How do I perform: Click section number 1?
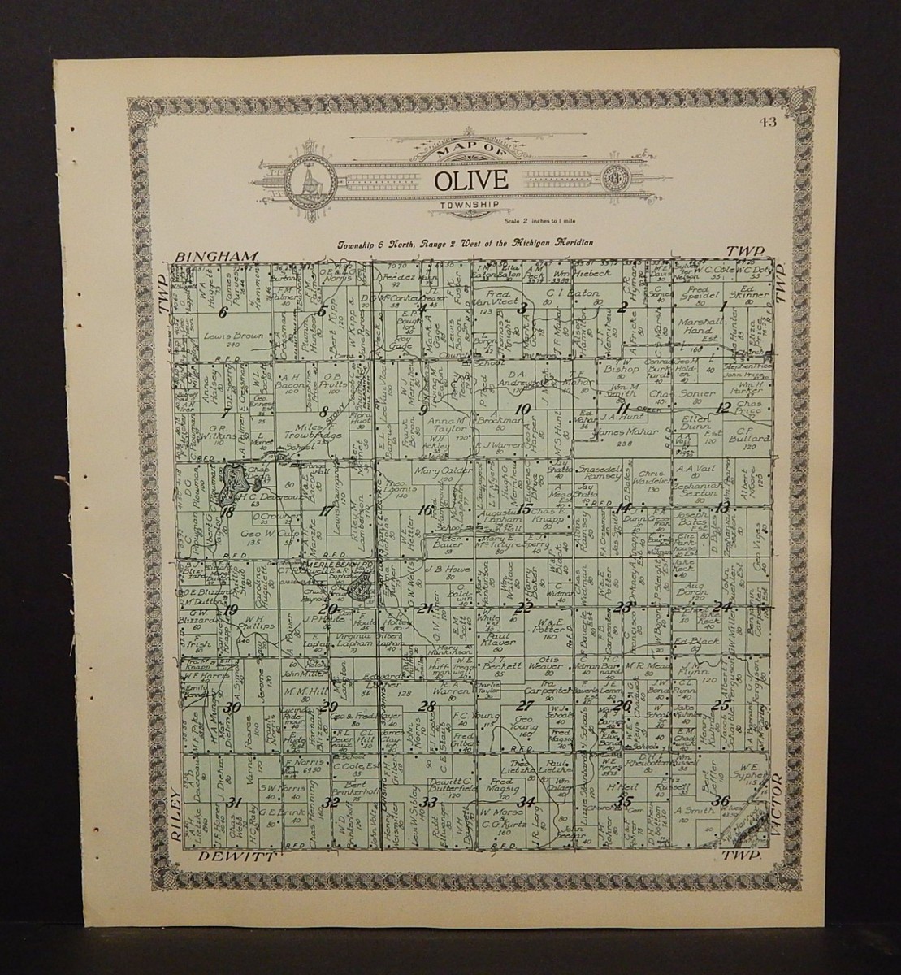click(722, 306)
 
